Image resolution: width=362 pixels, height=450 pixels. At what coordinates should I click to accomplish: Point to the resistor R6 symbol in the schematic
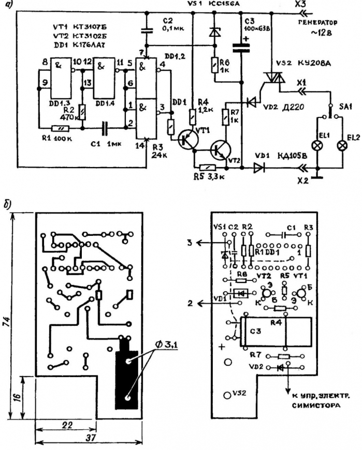point(214,66)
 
